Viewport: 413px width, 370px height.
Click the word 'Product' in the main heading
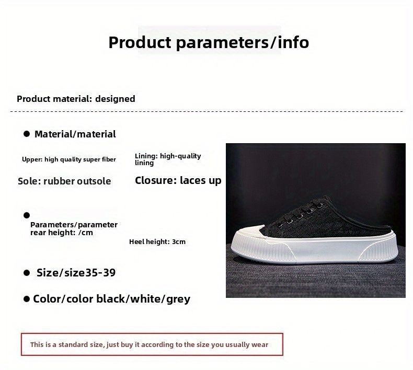pos(140,42)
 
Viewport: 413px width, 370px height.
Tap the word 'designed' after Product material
pos(115,99)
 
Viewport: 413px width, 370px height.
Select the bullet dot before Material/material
pos(27,134)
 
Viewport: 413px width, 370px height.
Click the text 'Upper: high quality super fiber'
pos(69,159)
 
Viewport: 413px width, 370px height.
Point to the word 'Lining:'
pos(146,156)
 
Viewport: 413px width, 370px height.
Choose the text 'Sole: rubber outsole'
pos(64,181)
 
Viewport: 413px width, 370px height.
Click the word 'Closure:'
pos(156,180)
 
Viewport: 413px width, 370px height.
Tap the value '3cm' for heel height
pos(179,242)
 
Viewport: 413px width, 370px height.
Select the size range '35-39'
pos(100,273)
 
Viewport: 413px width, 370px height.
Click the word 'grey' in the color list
pos(178,299)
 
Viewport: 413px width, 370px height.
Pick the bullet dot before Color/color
pos(26,299)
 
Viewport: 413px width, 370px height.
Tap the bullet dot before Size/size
pos(27,273)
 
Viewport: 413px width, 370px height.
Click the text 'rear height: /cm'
pos(62,233)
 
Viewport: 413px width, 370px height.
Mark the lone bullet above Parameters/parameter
pos(27,215)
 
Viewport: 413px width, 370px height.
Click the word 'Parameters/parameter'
pos(74,225)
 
